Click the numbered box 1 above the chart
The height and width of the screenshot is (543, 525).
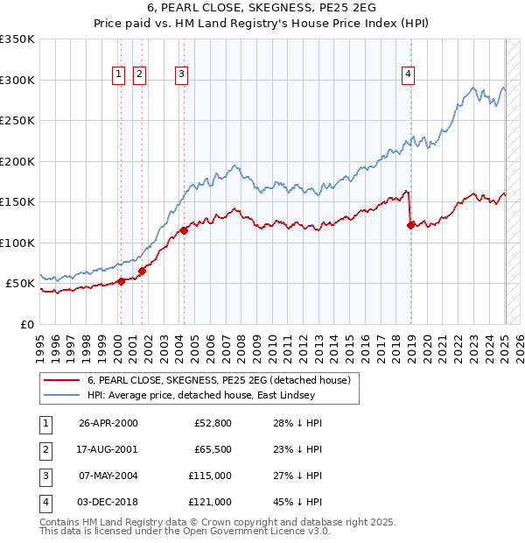pyautogui.click(x=118, y=75)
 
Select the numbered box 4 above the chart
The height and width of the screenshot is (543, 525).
pyautogui.click(x=408, y=75)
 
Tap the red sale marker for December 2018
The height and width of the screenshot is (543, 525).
pyautogui.click(x=410, y=226)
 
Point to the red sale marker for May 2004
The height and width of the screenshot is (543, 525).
pyautogui.click(x=184, y=230)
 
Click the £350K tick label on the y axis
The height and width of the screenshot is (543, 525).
pyautogui.click(x=17, y=39)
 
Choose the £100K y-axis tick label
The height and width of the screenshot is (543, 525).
pyautogui.click(x=17, y=243)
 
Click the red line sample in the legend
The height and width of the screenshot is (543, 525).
pyautogui.click(x=60, y=380)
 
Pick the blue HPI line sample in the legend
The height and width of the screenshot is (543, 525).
pyautogui.click(x=60, y=395)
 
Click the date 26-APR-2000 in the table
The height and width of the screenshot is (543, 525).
pyautogui.click(x=108, y=423)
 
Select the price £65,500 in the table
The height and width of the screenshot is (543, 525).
pyautogui.click(x=213, y=449)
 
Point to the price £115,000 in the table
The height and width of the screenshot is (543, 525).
pyautogui.click(x=210, y=476)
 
